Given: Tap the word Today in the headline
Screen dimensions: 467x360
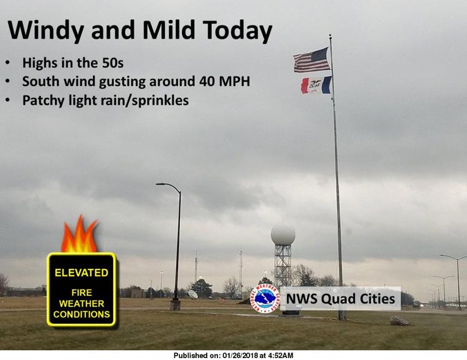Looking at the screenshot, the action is point(237,31).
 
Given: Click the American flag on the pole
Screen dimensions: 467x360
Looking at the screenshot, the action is point(312,60).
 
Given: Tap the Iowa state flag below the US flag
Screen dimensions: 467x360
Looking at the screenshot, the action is point(316,85).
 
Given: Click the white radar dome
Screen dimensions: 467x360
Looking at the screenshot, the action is point(283,235).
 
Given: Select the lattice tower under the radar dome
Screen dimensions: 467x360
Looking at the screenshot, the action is point(283,265).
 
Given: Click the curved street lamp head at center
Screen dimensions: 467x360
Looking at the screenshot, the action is point(163,184).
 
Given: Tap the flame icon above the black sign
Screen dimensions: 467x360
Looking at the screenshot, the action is point(80,234).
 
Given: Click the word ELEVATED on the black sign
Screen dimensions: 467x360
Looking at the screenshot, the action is point(82,273).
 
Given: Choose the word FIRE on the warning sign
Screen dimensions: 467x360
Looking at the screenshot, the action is point(82,292).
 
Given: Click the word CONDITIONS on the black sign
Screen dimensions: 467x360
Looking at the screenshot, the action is point(82,315).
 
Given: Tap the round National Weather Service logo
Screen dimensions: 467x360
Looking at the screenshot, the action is point(265,298).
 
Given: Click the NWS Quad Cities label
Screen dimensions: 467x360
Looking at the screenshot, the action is point(341,298).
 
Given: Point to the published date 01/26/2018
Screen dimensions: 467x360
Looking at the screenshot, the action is point(240,356).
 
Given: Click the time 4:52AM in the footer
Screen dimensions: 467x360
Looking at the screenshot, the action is point(281,356).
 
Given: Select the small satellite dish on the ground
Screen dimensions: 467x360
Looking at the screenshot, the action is point(192,294).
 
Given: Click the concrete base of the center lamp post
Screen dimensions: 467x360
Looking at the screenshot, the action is point(175,305).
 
